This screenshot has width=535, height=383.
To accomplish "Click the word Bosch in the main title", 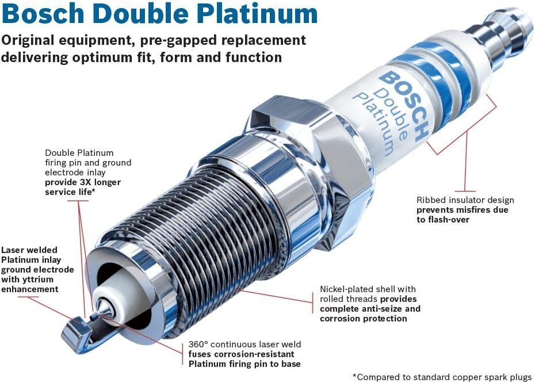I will click(x=41, y=14).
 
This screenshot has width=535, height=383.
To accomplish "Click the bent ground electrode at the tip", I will click(x=75, y=334).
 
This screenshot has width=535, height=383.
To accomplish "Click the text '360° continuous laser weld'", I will click(x=244, y=344).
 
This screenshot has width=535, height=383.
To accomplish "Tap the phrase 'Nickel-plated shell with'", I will click(x=368, y=289).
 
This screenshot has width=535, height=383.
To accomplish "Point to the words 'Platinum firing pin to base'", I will click(x=244, y=364).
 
